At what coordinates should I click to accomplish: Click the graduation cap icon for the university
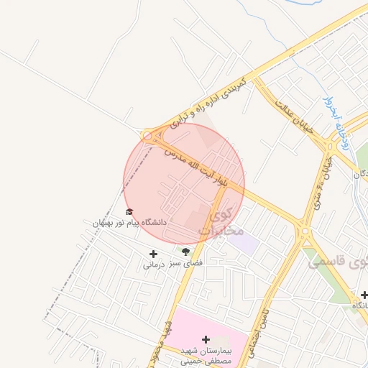[129, 211]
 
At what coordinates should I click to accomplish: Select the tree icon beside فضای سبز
[186, 252]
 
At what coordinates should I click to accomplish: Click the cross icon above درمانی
[152, 253]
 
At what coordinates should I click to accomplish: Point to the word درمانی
[154, 264]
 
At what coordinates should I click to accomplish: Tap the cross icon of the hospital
[206, 339]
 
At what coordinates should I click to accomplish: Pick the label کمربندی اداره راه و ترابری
[208, 103]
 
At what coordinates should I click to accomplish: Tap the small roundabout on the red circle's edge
[147, 135]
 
